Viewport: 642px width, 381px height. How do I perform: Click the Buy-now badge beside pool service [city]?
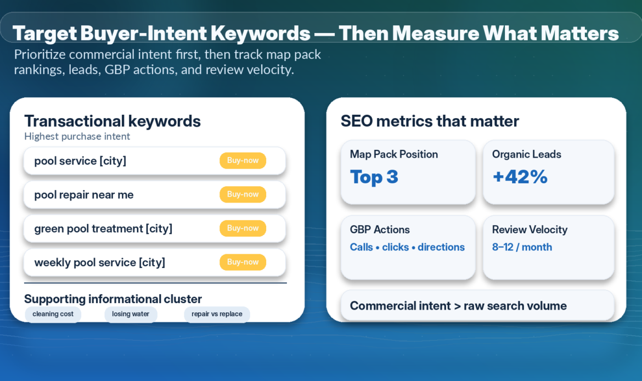[x=243, y=161]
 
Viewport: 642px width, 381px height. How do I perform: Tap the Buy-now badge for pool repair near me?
[x=243, y=194]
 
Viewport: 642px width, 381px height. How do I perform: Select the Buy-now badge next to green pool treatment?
[x=243, y=228]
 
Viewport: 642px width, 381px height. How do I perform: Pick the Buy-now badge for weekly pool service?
[x=243, y=262]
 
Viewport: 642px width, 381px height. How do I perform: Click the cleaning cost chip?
[x=53, y=314]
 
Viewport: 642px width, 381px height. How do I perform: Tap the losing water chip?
[x=131, y=314]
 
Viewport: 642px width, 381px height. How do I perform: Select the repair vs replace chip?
[x=217, y=314]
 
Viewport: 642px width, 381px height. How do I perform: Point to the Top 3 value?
[x=374, y=177]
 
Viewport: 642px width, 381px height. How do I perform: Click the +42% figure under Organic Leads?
[x=520, y=177]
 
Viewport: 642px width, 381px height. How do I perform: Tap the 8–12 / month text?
[x=522, y=247]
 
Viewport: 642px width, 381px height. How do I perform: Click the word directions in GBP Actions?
[x=441, y=247]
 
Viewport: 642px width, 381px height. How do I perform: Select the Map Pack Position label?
[x=394, y=154]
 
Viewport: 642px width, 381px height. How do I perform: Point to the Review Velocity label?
[x=530, y=230]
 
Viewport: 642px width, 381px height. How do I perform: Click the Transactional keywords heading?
[x=112, y=121]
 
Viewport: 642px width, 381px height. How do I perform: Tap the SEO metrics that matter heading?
[x=430, y=121]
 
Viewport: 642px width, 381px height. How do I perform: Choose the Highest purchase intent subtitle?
[x=77, y=136]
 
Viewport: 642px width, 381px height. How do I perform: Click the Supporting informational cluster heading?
[x=113, y=299]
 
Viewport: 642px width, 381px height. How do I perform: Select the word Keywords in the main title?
[x=261, y=33]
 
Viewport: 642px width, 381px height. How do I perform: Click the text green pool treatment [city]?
[x=103, y=228]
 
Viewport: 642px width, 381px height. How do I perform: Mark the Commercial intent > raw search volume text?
[x=458, y=306]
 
